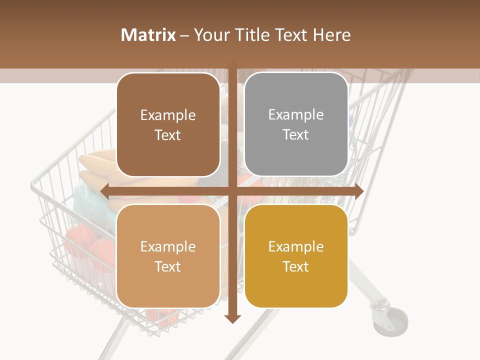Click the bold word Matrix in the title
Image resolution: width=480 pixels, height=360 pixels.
click(148, 35)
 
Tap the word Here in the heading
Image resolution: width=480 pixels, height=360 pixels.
click(332, 35)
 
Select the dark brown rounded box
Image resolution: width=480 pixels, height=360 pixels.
click(168, 124)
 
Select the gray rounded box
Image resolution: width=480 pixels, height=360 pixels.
click(296, 124)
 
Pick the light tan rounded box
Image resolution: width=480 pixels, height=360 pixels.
click(168, 256)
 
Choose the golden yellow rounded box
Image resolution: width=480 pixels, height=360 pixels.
click(296, 256)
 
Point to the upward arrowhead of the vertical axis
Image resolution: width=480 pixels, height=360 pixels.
click(232, 64)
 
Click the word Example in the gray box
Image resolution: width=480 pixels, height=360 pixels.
click(296, 114)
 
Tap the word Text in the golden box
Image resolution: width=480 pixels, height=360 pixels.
click(296, 266)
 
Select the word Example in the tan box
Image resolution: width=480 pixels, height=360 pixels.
click(168, 246)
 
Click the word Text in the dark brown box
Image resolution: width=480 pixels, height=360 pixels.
click(168, 135)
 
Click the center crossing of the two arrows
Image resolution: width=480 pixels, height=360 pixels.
click(232, 191)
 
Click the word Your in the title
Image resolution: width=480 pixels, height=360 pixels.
click(210, 35)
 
